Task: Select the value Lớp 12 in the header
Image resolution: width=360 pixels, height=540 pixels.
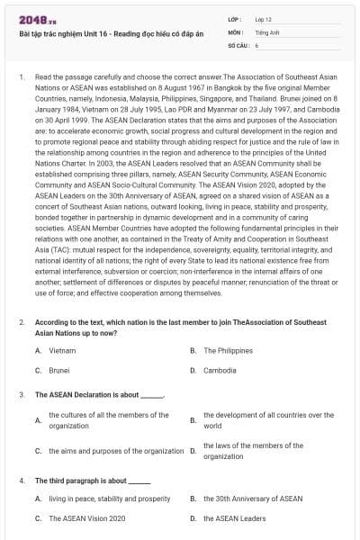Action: pyautogui.click(x=263, y=19)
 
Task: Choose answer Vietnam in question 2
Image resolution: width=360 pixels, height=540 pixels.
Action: pyautogui.click(x=62, y=350)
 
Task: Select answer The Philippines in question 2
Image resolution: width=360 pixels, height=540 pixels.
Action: pyautogui.click(x=228, y=350)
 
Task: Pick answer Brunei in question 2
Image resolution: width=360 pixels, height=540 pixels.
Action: pyautogui.click(x=59, y=370)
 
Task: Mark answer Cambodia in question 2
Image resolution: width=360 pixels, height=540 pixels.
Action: pyautogui.click(x=220, y=370)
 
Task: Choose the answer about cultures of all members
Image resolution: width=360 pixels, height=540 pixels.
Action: pyautogui.click(x=108, y=419)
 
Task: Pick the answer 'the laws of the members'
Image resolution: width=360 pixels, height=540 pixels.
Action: pyautogui.click(x=253, y=451)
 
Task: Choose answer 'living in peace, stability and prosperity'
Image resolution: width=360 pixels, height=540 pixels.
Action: pyautogui.click(x=109, y=498)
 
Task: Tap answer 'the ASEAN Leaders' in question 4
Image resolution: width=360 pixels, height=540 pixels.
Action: pyautogui.click(x=234, y=518)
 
